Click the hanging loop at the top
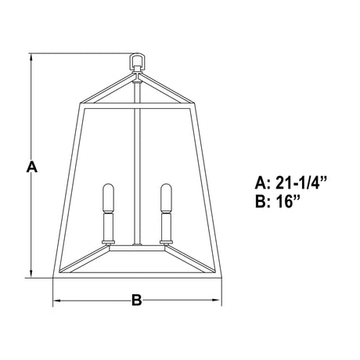(131, 60)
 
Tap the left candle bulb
(108, 198)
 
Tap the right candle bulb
(166, 198)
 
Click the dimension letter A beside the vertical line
(32, 167)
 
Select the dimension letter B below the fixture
(137, 300)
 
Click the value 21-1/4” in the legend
(301, 183)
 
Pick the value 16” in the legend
(288, 201)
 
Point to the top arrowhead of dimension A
(31, 58)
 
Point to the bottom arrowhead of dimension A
(31, 273)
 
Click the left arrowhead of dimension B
(57, 301)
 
